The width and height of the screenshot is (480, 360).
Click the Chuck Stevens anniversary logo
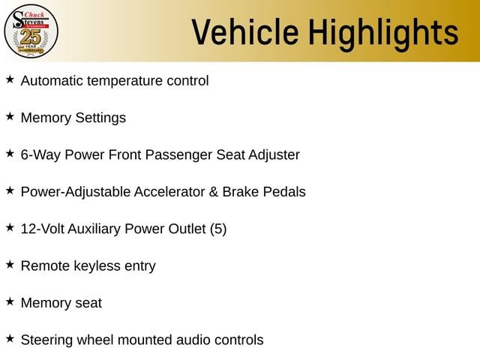tap(31, 31)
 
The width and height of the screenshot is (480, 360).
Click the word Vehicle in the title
tap(245, 32)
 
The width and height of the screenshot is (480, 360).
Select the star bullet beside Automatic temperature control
tap(10, 79)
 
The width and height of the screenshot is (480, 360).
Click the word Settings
tap(100, 118)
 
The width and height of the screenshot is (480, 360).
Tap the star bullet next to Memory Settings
tap(10, 116)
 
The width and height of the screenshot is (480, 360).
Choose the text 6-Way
tap(40, 155)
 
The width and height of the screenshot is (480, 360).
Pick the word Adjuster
tap(274, 155)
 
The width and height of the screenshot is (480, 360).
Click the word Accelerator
tap(169, 192)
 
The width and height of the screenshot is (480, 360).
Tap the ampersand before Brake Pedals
tap(214, 192)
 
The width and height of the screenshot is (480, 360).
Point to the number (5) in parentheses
tap(218, 229)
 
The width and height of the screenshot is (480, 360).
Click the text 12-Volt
tap(42, 229)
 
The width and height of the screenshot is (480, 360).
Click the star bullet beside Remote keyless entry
tap(10, 265)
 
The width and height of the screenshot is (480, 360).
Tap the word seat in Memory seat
tap(88, 303)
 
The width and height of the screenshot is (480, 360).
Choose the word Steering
tap(46, 340)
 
